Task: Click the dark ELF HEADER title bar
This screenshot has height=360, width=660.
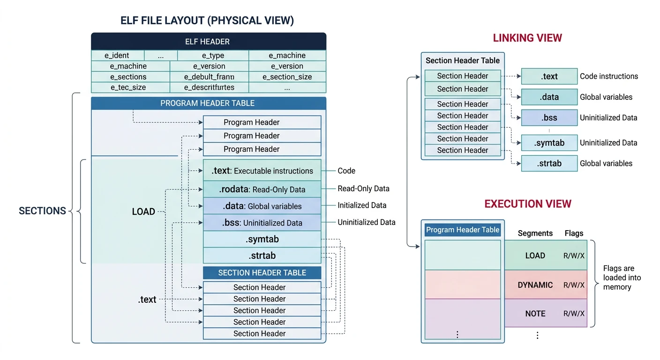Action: (208, 41)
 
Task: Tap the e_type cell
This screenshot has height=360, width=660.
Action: (213, 55)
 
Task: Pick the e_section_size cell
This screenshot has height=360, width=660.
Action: (287, 77)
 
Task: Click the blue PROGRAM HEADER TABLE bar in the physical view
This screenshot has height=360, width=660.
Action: (208, 103)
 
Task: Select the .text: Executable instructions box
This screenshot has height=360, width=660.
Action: (262, 171)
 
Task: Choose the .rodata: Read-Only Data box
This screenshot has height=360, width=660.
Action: (262, 189)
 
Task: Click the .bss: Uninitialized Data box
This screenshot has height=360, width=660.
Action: (262, 223)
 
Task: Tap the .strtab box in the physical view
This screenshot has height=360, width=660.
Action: (262, 255)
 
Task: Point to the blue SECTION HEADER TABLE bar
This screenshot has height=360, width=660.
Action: (262, 273)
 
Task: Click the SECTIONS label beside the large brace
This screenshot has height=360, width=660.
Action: (42, 211)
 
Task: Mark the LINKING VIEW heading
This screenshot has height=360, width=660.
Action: (527, 38)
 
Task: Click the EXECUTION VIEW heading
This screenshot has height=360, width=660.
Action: (528, 204)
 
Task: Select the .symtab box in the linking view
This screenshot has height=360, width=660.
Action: (549, 143)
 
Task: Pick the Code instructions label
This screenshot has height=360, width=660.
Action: (609, 76)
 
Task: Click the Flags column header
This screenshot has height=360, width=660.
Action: (574, 233)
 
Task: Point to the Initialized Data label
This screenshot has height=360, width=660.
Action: (362, 205)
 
